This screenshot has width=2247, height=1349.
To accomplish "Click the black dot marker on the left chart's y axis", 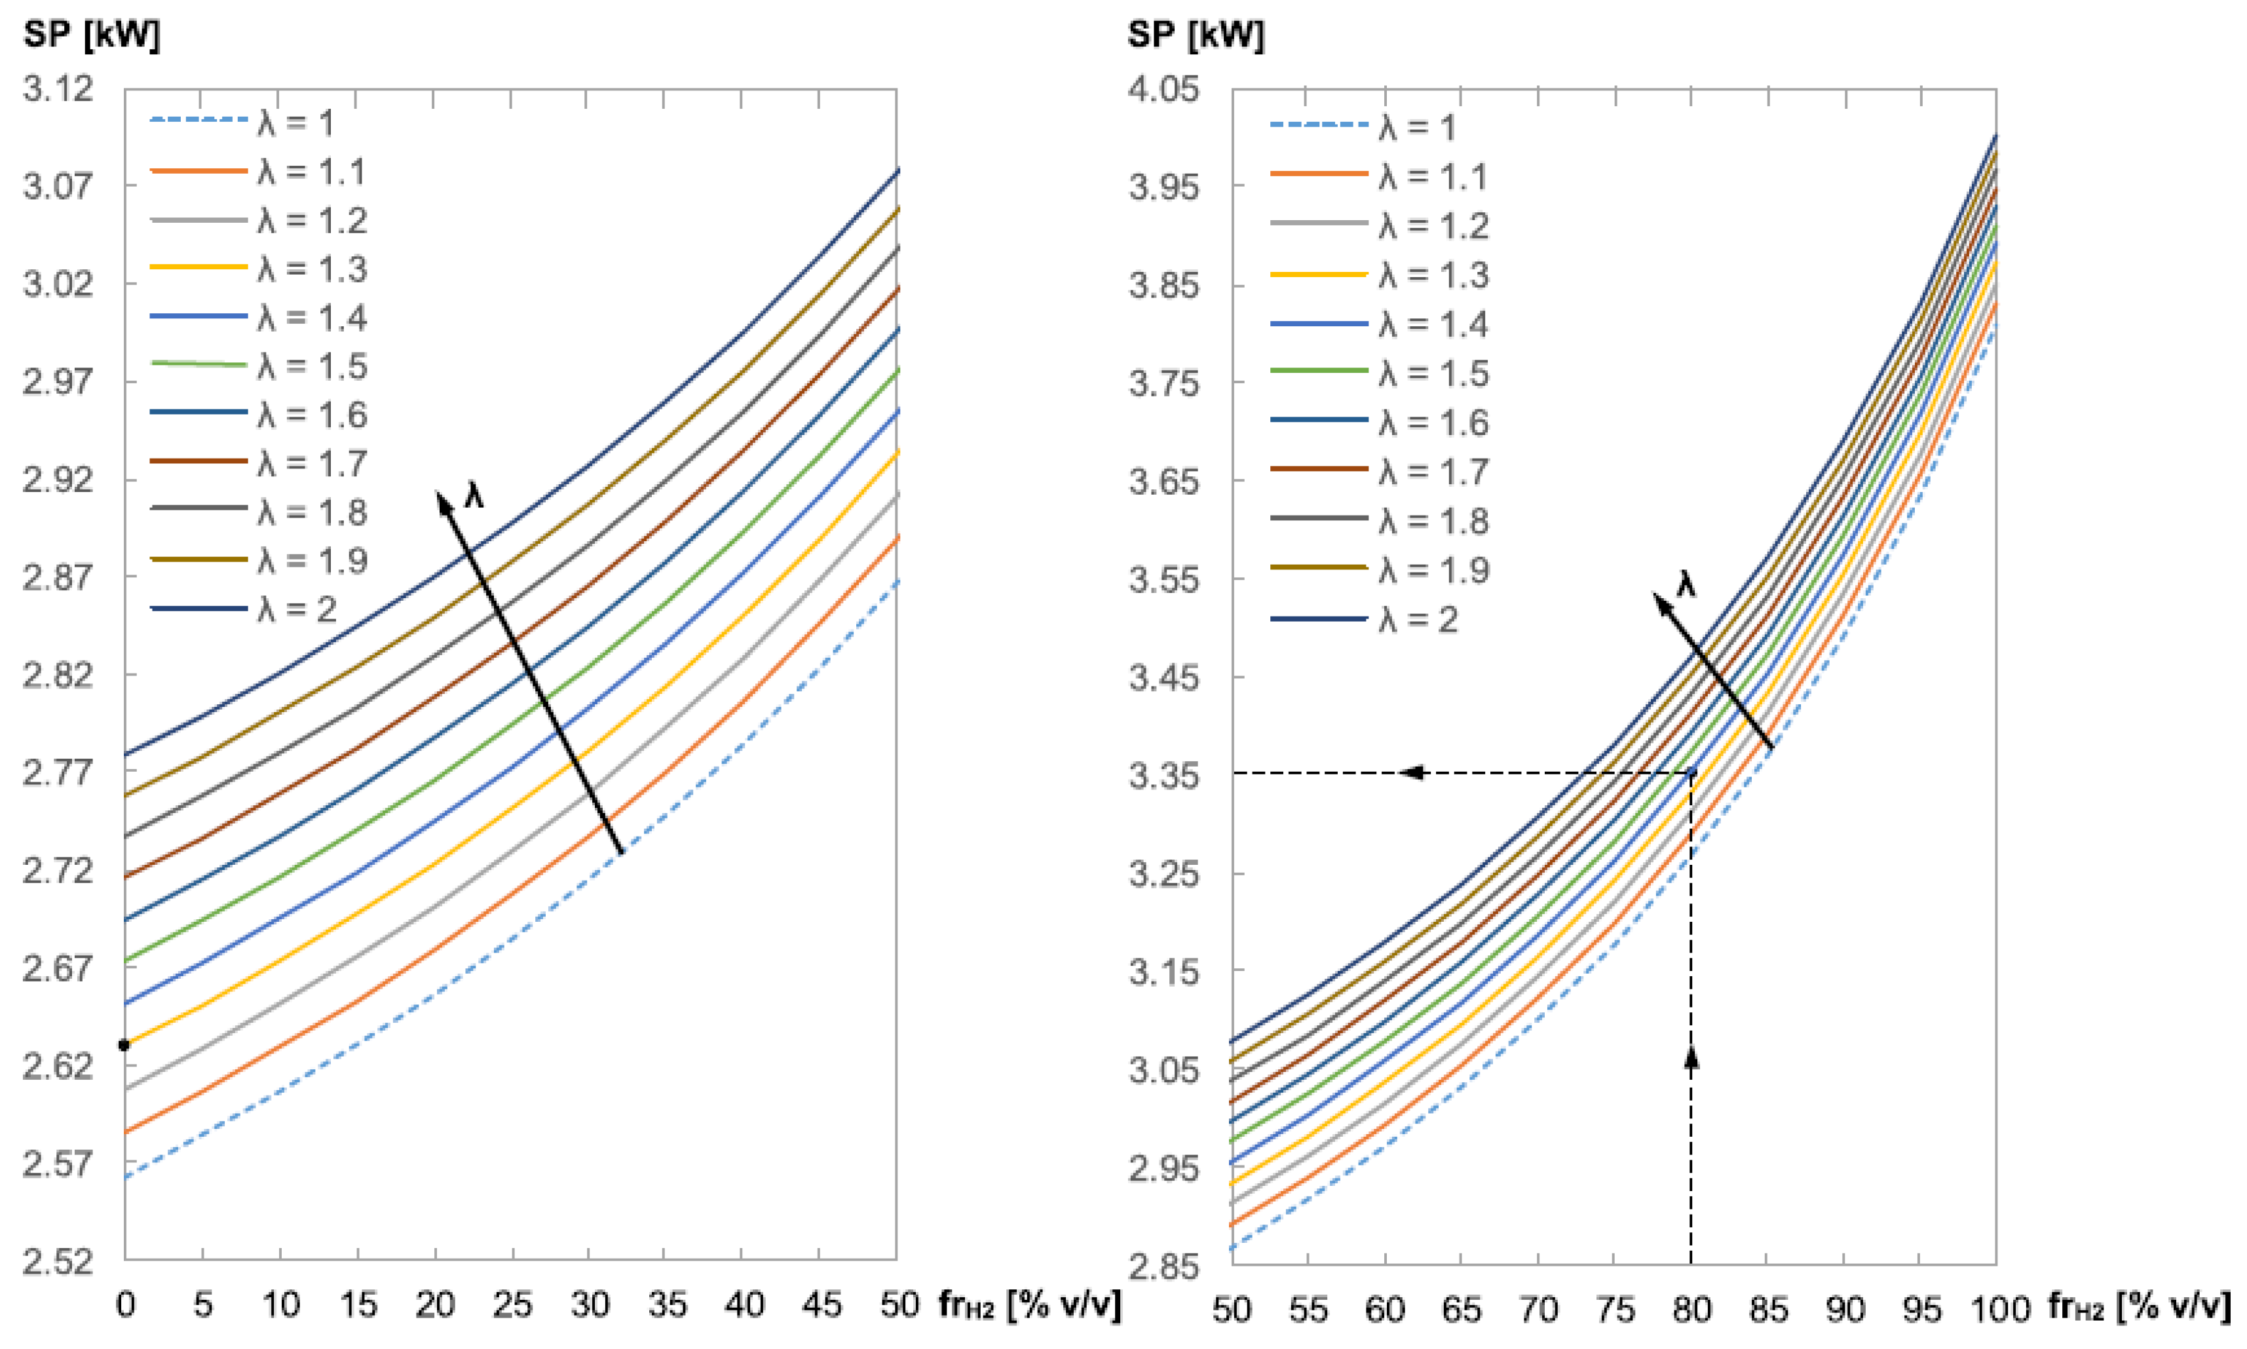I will tap(124, 1046).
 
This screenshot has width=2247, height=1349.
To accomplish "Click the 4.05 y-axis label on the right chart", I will tap(1163, 89).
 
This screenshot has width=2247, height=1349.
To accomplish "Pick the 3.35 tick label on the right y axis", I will tap(1163, 776).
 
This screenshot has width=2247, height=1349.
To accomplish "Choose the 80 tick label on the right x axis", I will tap(1691, 1309).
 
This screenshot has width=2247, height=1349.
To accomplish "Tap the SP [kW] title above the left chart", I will tap(91, 35).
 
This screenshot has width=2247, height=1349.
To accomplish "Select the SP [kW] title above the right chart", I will tap(1196, 35).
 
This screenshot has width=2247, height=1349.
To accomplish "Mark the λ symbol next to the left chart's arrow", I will tap(474, 495).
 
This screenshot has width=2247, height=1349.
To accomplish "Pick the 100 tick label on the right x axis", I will tap(2000, 1309).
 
